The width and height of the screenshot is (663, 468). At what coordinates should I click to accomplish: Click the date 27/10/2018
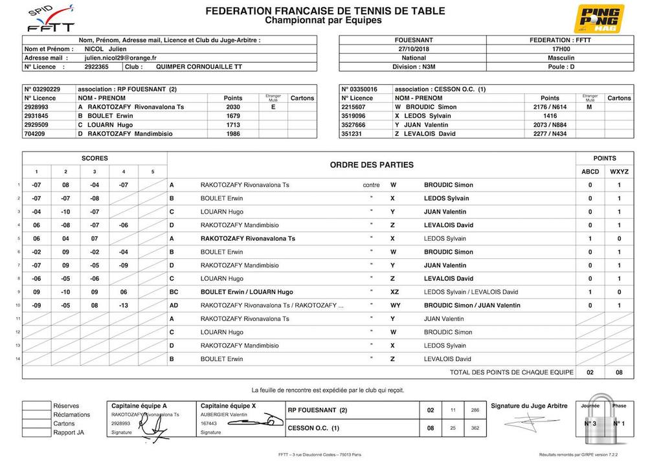pos(418,49)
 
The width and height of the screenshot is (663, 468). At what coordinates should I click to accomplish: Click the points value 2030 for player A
pos(233,107)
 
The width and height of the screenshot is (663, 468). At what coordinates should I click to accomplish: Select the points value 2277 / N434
pos(549,134)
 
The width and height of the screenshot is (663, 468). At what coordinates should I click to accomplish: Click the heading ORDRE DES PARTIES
pos(372,165)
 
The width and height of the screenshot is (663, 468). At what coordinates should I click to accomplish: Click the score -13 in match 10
pos(123,306)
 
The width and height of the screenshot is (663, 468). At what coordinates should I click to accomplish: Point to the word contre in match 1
pos(371,185)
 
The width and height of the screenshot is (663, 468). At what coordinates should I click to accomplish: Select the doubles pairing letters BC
pos(174,292)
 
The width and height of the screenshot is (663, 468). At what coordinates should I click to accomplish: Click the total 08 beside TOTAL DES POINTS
pos(619,372)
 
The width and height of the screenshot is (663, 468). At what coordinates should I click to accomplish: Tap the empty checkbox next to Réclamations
pos(36,415)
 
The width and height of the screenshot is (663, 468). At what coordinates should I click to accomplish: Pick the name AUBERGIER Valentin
pos(224,415)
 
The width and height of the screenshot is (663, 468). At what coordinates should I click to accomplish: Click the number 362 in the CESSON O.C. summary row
pos(475,428)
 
